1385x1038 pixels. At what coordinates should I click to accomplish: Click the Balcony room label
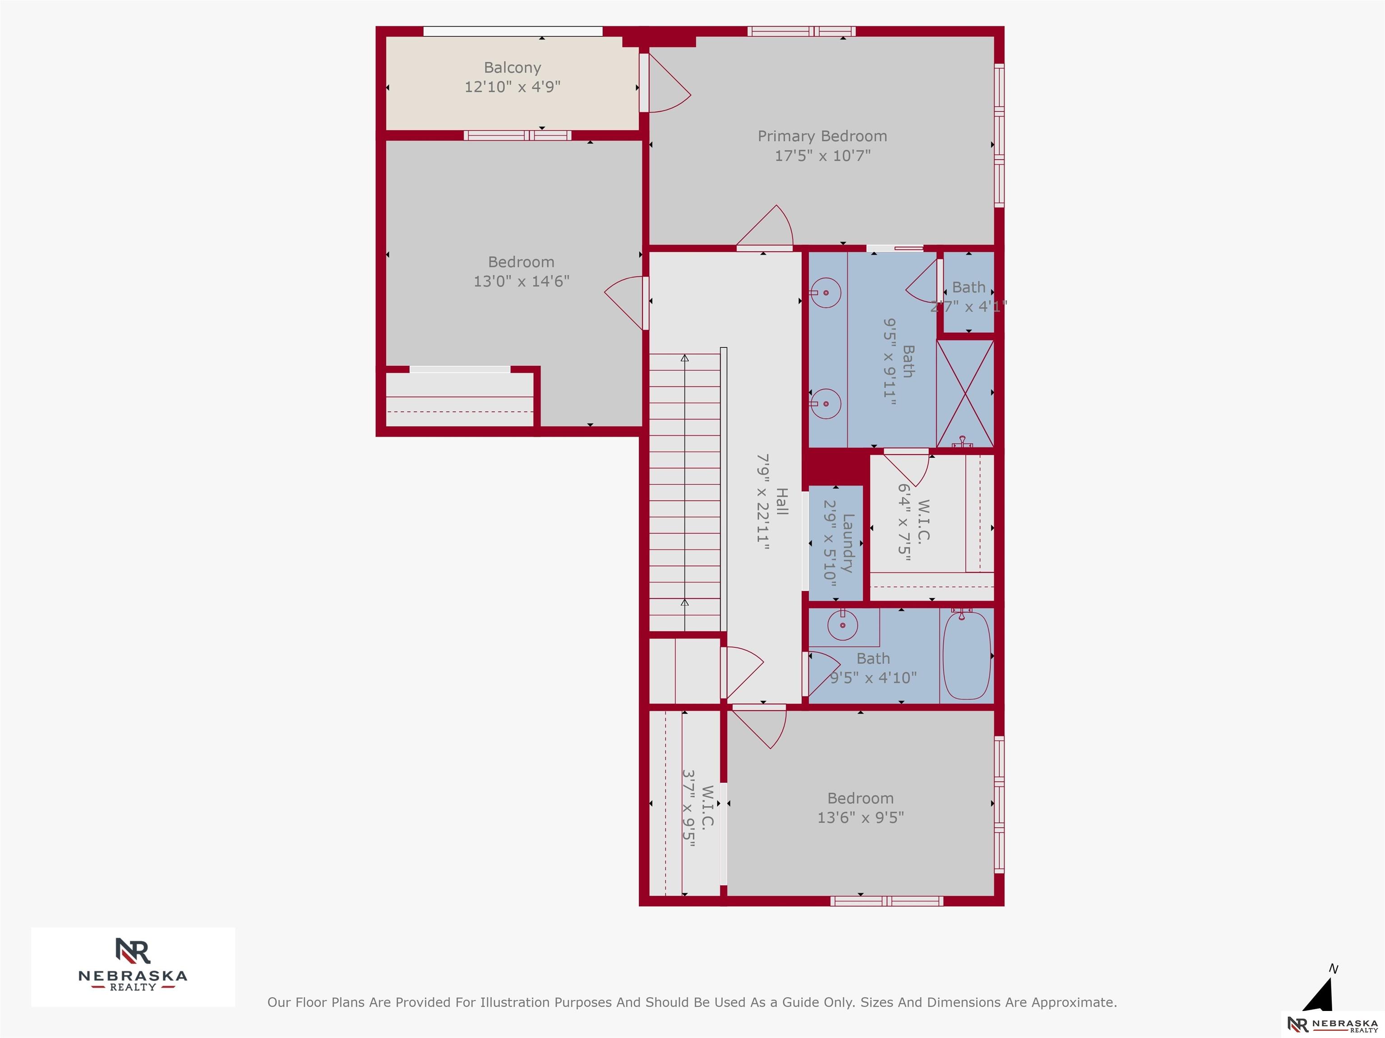tap(512, 68)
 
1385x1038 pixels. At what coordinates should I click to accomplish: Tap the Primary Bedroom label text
tap(822, 137)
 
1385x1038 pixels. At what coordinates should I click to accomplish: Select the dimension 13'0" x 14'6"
tap(521, 282)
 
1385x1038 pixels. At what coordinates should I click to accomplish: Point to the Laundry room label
tap(848, 543)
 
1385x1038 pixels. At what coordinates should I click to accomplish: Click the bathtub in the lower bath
tap(967, 655)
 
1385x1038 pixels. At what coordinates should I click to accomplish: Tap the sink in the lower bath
tap(843, 625)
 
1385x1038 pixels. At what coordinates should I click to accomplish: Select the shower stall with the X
tap(965, 394)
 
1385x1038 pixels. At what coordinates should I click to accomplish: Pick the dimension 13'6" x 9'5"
tap(860, 818)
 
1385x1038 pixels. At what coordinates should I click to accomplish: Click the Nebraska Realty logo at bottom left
tap(133, 967)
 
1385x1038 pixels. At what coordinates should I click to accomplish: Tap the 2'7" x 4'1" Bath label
tap(968, 297)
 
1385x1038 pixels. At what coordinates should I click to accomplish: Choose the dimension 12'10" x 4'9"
tap(512, 87)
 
